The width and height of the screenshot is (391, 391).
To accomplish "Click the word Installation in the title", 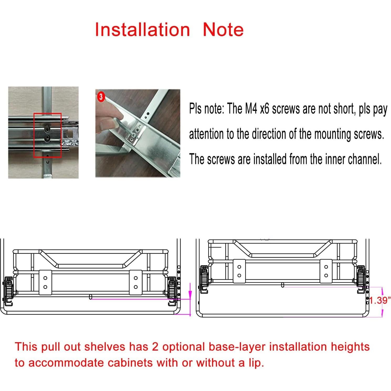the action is (x=142, y=29).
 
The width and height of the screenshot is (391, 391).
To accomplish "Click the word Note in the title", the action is (x=223, y=29).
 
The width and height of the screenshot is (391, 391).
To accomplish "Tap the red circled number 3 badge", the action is (x=101, y=97).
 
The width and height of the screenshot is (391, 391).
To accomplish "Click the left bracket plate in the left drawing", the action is (x=45, y=282).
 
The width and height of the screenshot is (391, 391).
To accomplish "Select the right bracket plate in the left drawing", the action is (x=136, y=282).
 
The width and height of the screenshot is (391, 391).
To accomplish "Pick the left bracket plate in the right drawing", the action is (x=239, y=271).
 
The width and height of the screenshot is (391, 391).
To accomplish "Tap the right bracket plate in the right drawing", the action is (x=326, y=271).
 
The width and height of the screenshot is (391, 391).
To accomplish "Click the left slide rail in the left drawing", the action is (x=9, y=291).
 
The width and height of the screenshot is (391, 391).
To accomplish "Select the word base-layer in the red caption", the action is (x=237, y=347).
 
